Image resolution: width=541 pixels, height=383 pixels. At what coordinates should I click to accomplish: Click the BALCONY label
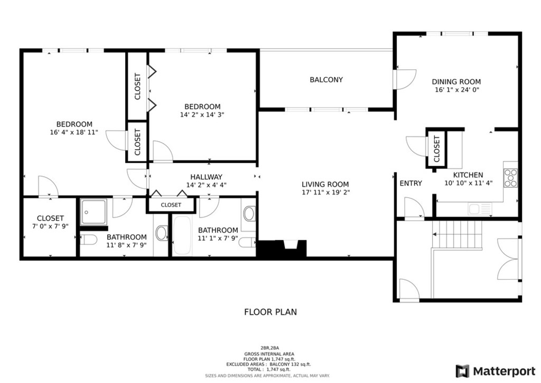coord(326,80)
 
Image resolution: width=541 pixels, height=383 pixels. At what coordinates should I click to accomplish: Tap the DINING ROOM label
coord(456,82)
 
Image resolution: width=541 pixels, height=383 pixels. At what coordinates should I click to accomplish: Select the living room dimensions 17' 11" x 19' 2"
coord(325,193)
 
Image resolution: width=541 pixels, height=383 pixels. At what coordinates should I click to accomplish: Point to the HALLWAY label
coord(207,177)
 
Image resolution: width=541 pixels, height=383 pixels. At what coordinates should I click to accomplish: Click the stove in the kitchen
coord(511,178)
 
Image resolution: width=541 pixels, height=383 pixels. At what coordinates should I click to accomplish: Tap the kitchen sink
coord(480,208)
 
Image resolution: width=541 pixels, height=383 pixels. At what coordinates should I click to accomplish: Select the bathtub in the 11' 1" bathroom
coord(182,235)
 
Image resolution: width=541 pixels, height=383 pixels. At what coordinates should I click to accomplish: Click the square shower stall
coord(94,212)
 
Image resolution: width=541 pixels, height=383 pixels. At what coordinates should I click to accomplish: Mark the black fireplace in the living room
coord(282,248)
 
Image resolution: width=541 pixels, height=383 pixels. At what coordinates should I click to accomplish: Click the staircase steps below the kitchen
coord(457,234)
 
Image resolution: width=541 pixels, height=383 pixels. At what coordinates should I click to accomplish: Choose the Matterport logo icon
coord(462,371)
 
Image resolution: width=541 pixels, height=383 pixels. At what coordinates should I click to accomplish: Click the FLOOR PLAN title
coord(270,312)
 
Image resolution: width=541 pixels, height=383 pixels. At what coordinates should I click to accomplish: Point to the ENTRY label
coord(411,184)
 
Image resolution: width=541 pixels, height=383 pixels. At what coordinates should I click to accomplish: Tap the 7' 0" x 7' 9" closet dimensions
coord(50,226)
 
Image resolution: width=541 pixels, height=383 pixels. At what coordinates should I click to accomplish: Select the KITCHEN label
coord(468,175)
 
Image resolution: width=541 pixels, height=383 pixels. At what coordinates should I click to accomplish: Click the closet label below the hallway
coord(171,205)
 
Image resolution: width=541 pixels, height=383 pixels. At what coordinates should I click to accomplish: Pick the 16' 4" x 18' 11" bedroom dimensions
coord(74,132)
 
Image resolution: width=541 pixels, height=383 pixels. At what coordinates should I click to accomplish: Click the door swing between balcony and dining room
coord(406,80)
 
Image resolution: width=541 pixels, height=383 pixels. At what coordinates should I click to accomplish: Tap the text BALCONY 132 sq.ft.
coord(290,364)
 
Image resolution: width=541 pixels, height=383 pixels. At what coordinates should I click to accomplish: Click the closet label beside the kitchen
coord(437,149)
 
